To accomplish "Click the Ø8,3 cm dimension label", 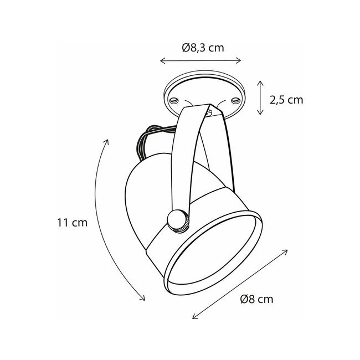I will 202,48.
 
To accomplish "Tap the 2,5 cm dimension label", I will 286,100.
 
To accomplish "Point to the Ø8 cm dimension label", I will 256,300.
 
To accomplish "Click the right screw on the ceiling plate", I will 235,100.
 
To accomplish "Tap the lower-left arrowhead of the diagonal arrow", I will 194,317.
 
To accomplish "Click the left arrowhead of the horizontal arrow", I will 161,60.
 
